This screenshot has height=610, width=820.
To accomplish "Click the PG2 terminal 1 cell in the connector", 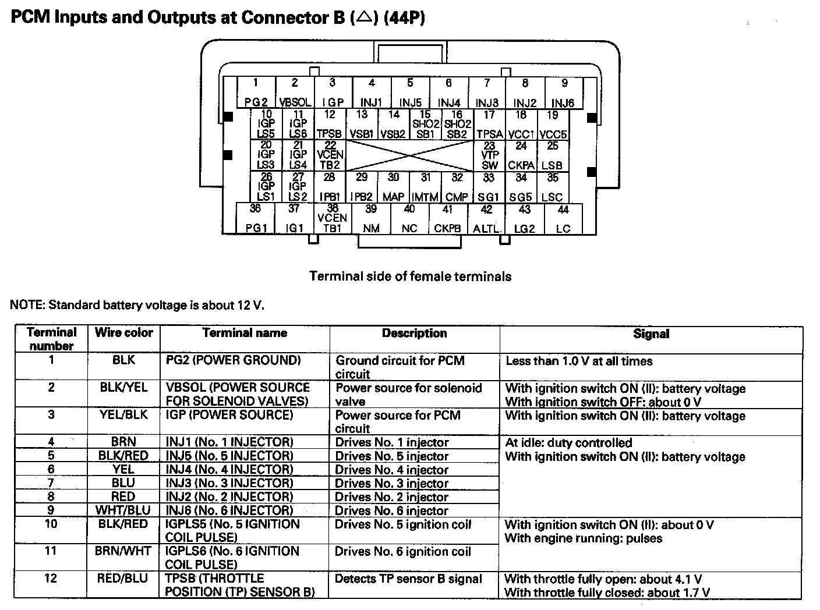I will [256, 93].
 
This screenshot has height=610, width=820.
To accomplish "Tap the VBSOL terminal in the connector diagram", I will [295, 93].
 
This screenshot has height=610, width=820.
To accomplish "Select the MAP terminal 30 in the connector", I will [394, 187].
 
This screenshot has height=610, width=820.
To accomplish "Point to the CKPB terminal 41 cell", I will [447, 219].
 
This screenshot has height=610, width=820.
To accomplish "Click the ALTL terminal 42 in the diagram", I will [486, 219].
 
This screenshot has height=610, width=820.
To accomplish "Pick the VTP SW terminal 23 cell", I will [489, 155].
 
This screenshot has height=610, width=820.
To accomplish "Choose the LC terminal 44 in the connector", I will [563, 219].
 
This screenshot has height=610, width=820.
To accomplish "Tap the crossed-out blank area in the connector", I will [409, 155].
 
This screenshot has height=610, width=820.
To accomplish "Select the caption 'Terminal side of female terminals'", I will [410, 276].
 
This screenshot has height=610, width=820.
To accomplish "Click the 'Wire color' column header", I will [123, 333].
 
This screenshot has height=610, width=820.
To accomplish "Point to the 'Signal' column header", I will [651, 334].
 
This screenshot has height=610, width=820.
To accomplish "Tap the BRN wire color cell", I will [123, 442].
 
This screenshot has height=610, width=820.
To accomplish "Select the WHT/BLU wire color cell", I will [123, 510].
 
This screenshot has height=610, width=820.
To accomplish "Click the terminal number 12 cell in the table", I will [51, 579].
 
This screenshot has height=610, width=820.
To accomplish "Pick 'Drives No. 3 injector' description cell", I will [391, 483].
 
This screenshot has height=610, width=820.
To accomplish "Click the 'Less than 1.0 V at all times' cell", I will [579, 361].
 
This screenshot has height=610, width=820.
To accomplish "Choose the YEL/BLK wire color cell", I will [123, 415].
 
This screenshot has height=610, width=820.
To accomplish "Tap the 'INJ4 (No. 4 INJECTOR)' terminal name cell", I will [229, 469].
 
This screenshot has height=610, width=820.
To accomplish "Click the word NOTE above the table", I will [27, 304].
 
